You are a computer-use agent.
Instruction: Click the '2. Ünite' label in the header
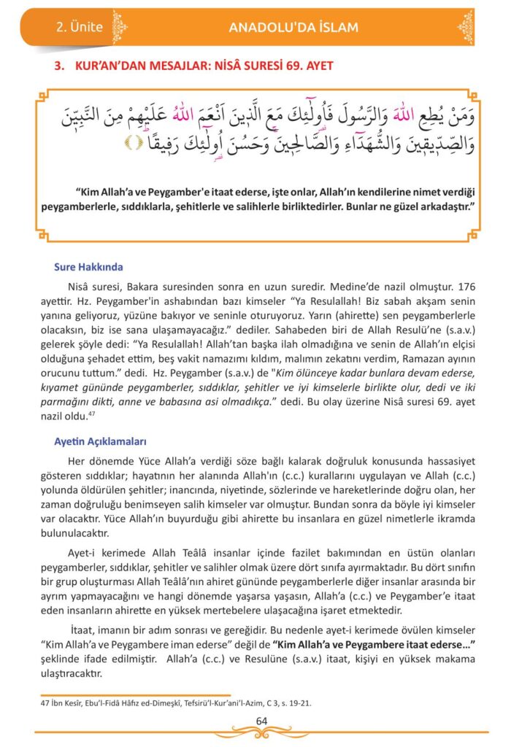[79, 28]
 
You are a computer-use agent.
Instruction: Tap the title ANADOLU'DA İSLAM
[293, 28]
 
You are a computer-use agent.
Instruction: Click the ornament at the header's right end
[465, 27]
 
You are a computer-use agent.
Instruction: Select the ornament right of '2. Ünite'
[120, 28]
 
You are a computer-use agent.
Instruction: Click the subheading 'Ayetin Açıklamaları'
[101, 442]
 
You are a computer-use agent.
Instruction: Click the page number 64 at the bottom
[262, 721]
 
